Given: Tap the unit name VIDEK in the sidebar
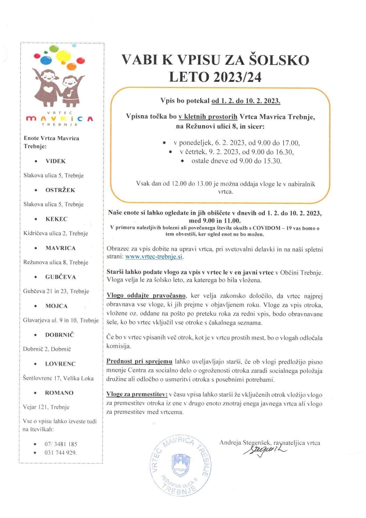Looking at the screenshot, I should pyautogui.click(x=56, y=161).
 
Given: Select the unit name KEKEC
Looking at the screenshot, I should pyautogui.click(x=56, y=219).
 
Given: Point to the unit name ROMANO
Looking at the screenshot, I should pyautogui.click(x=59, y=393).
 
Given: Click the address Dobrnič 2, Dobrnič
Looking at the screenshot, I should pyautogui.click(x=47, y=349).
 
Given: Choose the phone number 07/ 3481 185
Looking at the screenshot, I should pyautogui.click(x=61, y=444).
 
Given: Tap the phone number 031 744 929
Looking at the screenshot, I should pyautogui.click(x=61, y=452).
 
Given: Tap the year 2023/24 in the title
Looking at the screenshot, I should pyautogui.click(x=237, y=77).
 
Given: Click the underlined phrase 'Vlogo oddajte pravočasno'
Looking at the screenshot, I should pyautogui.click(x=146, y=296).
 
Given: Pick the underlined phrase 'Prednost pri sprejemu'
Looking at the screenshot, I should pyautogui.click(x=139, y=361).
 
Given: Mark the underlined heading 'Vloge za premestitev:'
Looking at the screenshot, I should pyautogui.click(x=137, y=394).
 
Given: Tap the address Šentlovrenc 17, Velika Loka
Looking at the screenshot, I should pyautogui.click(x=58, y=378).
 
